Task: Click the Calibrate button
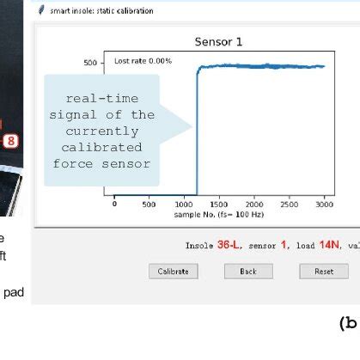point(173,272)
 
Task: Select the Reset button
point(323,272)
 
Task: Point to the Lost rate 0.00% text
point(143,61)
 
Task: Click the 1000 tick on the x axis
point(184,204)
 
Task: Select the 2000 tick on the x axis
point(253,204)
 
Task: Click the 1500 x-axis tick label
point(219,204)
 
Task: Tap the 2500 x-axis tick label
point(289,204)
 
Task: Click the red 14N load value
point(329,245)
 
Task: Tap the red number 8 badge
point(11,140)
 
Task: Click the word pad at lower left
point(14,291)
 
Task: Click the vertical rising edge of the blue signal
point(198,137)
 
